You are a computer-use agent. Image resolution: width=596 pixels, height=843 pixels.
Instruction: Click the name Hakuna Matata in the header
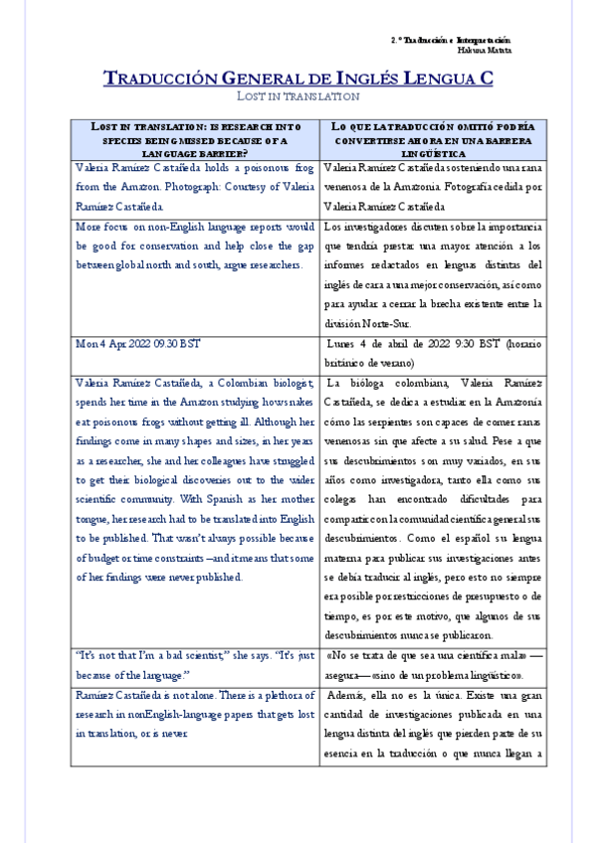click(x=485, y=49)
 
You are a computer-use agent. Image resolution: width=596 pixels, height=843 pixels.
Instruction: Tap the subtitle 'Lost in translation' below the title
click(x=298, y=96)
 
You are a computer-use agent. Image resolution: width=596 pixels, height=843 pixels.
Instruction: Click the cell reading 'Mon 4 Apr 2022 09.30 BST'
click(x=138, y=343)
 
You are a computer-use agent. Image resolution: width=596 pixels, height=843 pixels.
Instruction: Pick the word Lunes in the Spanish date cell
click(x=346, y=343)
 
